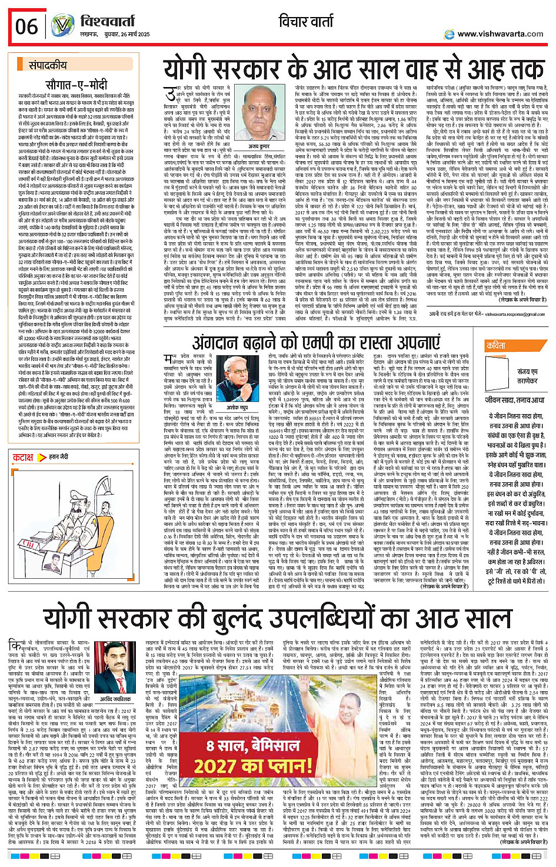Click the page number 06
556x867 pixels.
click(26, 26)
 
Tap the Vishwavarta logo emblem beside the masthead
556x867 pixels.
click(62, 26)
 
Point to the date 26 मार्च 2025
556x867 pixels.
click(131, 34)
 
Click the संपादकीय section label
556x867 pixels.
click(48, 65)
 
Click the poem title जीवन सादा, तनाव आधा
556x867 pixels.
click(515, 400)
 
